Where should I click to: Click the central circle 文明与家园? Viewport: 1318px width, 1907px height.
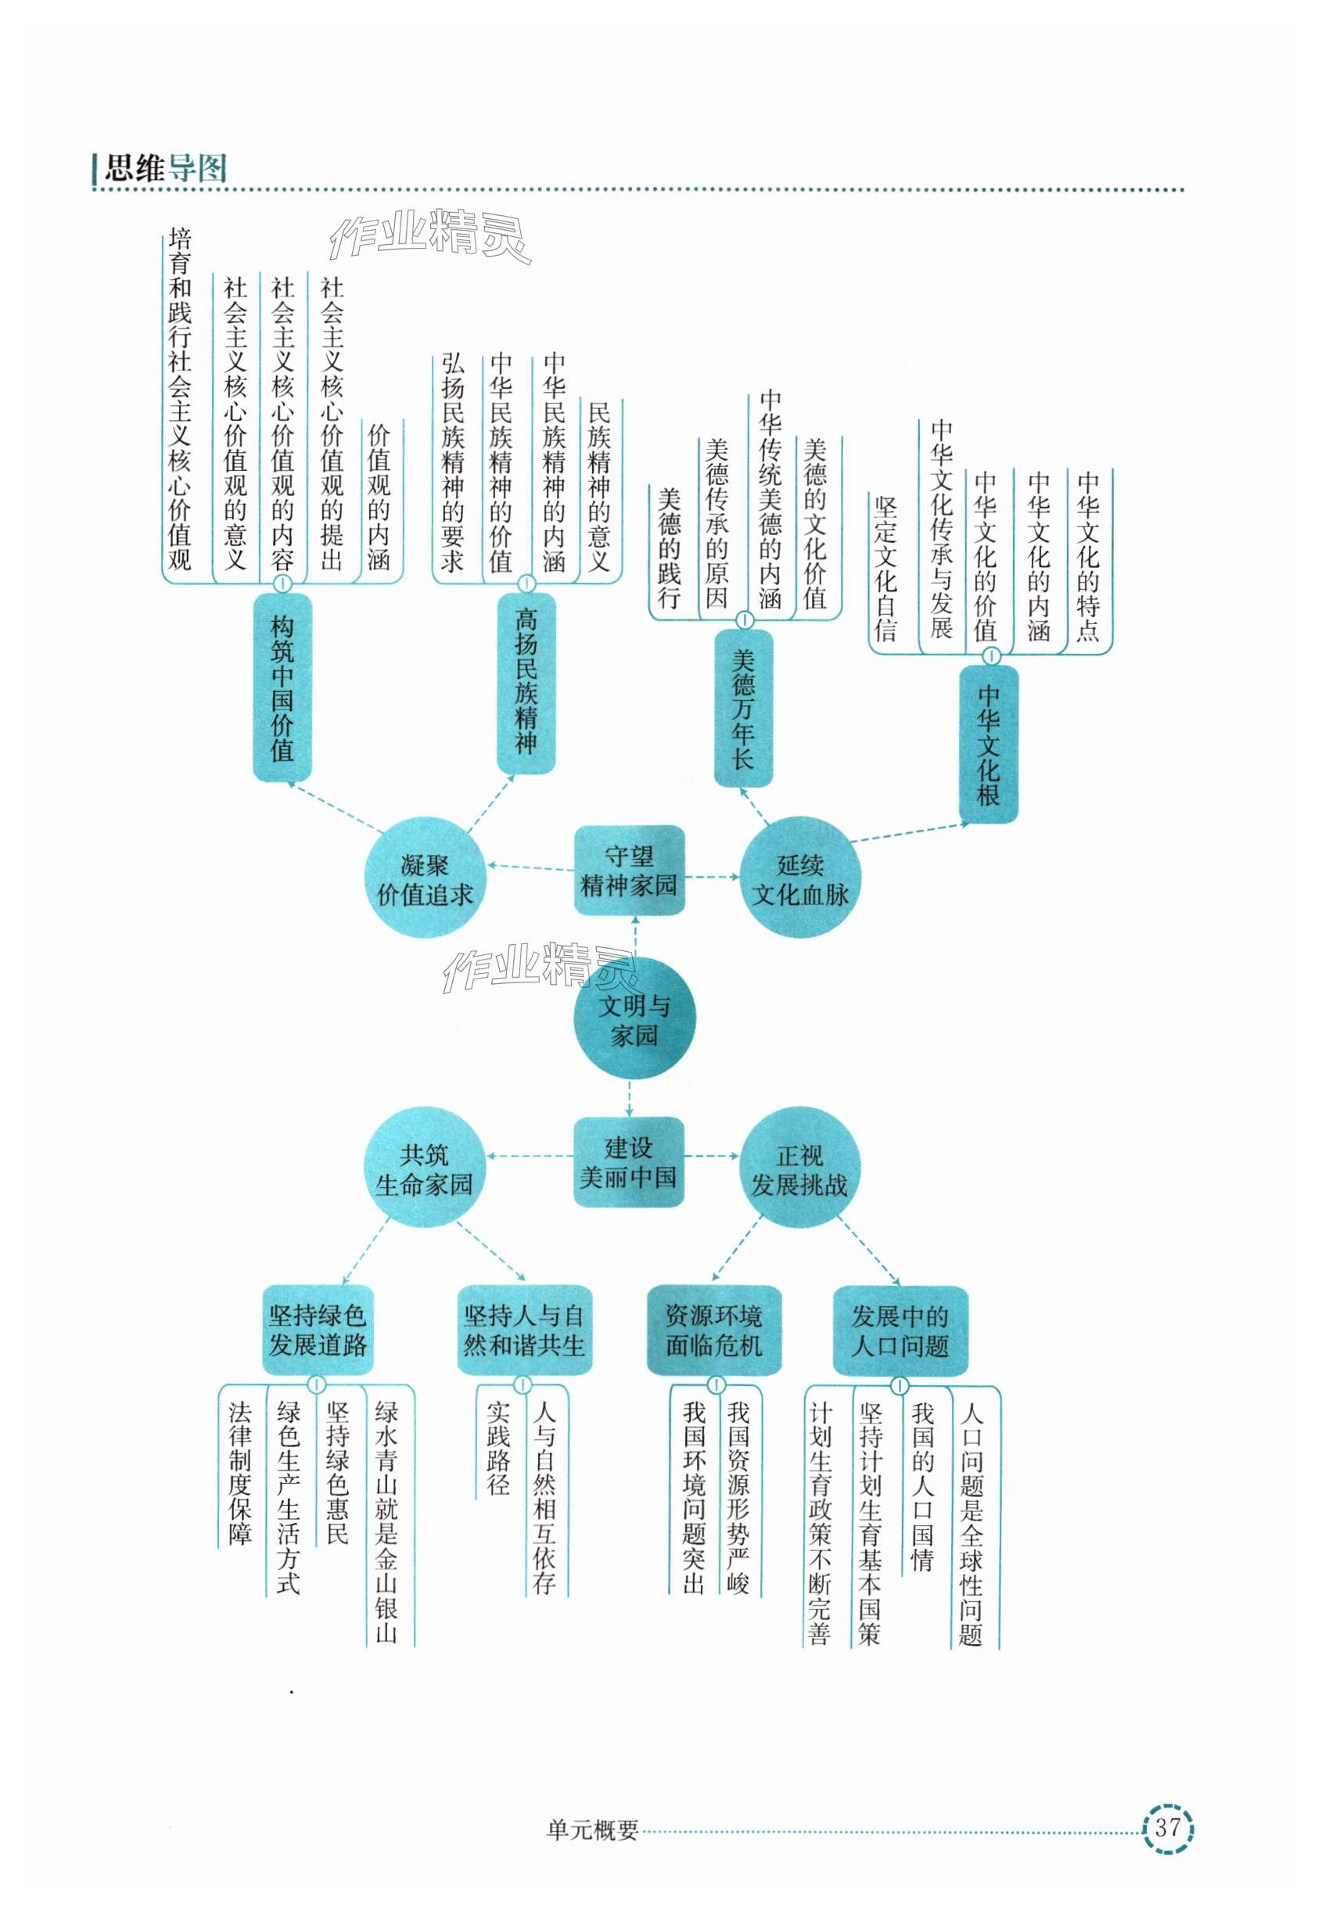pos(634,1019)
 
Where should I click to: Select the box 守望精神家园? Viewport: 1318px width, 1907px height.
pos(629,870)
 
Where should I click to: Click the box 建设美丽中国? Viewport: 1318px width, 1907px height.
pos(629,1162)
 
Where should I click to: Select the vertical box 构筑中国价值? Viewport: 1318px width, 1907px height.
pos(282,687)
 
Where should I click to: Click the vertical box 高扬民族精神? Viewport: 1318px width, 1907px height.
pos(526,682)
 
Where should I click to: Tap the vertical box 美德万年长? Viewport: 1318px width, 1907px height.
pos(743,708)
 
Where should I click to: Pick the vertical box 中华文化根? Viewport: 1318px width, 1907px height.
pos(989,744)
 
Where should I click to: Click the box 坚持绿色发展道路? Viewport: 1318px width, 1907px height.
pos(318,1330)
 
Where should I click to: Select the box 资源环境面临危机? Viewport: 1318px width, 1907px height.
pos(713,1330)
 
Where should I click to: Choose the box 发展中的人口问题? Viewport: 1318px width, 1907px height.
pos(900,1330)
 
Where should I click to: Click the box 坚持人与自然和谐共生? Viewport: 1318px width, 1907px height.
pos(524,1330)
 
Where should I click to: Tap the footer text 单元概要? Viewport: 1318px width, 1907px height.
pos(593,1831)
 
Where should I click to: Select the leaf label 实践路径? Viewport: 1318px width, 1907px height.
pos(498,1449)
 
